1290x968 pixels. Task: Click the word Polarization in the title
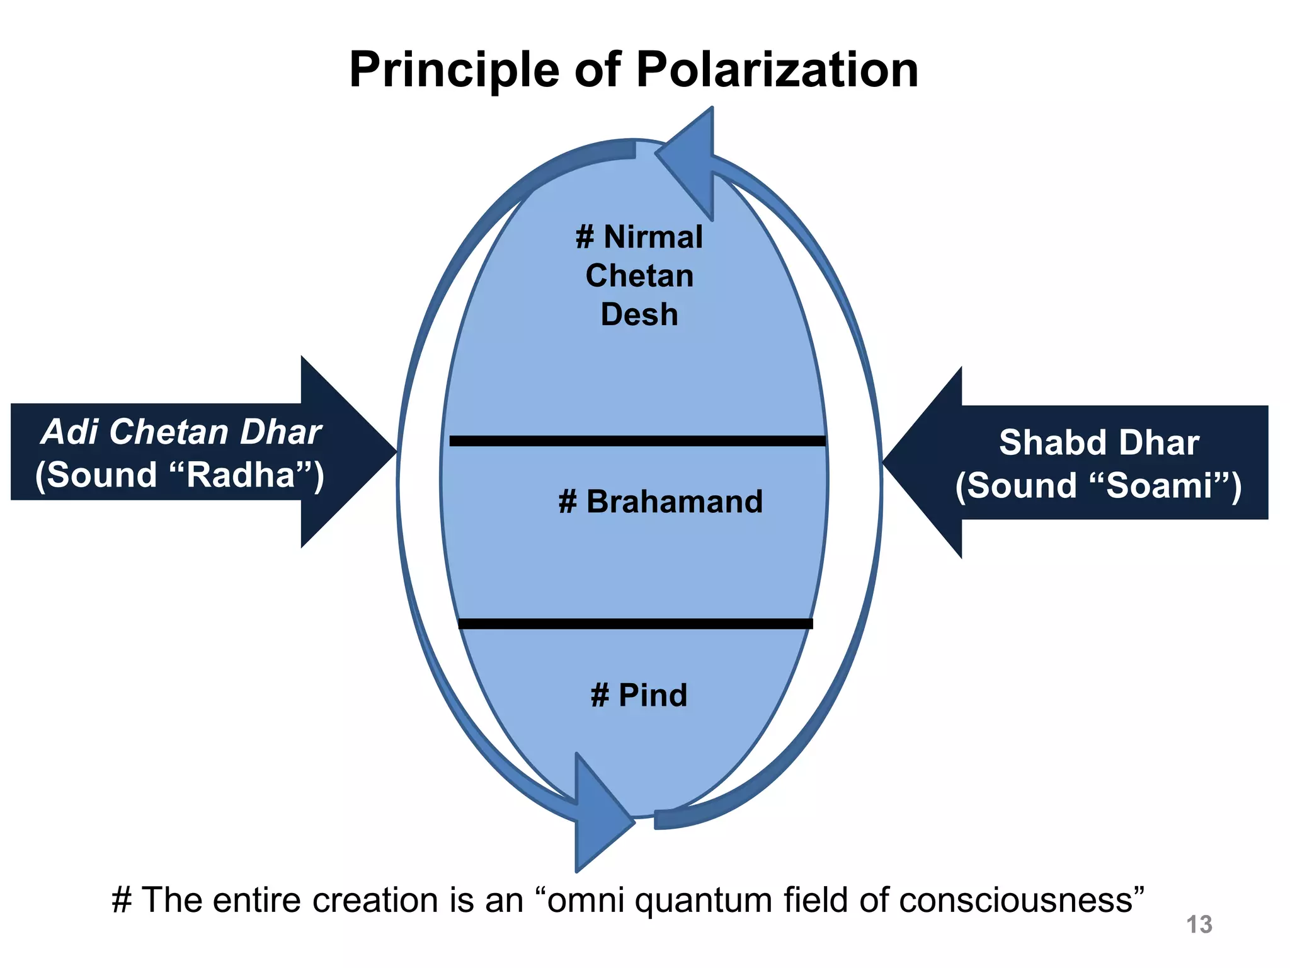[777, 69]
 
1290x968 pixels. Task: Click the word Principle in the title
[454, 71]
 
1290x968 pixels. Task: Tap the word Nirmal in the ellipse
[653, 238]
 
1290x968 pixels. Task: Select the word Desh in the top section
[639, 314]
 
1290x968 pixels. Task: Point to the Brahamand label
[673, 502]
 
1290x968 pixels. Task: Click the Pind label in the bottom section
[652, 695]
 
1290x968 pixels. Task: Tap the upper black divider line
[637, 441]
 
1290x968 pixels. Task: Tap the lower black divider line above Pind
[635, 623]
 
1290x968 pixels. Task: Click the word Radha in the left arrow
[241, 475]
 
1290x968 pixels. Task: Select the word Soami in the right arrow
[1159, 486]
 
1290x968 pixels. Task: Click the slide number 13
[1199, 925]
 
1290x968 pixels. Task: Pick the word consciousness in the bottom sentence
[1013, 900]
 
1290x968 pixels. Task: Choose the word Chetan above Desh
[639, 276]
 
